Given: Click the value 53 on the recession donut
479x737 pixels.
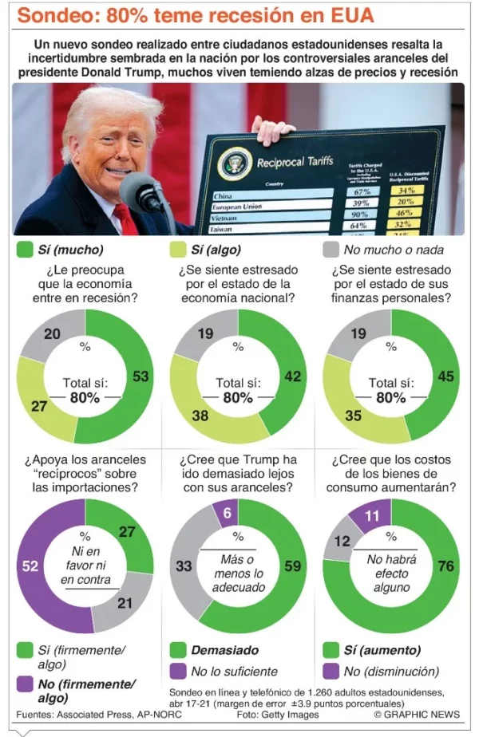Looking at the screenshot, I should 141,376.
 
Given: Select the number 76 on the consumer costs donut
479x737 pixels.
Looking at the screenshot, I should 446,566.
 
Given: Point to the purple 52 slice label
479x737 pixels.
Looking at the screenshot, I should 30,566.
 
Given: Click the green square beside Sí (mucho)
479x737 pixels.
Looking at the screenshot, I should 25,250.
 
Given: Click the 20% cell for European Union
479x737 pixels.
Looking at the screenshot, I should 406,203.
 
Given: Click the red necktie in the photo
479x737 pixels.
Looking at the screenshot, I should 125,219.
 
